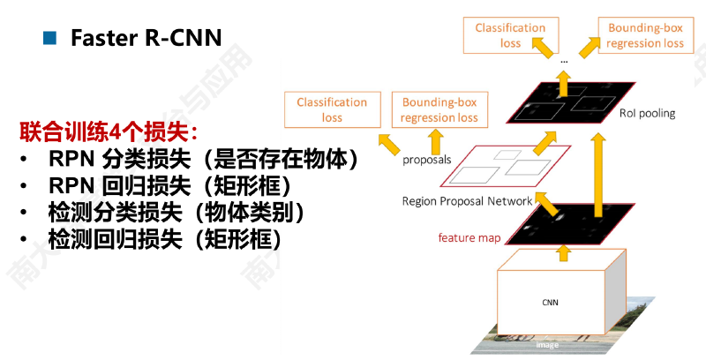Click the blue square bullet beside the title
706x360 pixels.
pyautogui.click(x=49, y=38)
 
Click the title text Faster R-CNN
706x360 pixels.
pyautogui.click(x=146, y=38)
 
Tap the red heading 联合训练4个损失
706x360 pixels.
pyautogui.click(x=108, y=131)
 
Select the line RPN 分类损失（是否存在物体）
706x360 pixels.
pyautogui.click(x=203, y=159)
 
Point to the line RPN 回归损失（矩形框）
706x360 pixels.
pyautogui.click(x=169, y=186)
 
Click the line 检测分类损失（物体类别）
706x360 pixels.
pyautogui.click(x=176, y=213)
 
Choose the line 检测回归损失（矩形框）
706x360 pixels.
pyautogui.click(x=165, y=239)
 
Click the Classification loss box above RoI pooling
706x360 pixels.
pyautogui.click(x=511, y=35)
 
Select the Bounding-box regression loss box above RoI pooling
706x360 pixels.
pyautogui.click(x=646, y=35)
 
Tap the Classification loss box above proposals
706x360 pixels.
pyautogui.click(x=333, y=109)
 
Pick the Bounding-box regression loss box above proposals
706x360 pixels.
pyautogui.click(x=439, y=109)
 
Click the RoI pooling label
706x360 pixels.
pyautogui.click(x=648, y=114)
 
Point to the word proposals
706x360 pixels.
pyautogui.click(x=427, y=160)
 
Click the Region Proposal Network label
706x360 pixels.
pyautogui.click(x=468, y=201)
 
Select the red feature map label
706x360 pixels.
pyautogui.click(x=469, y=237)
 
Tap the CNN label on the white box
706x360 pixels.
pyautogui.click(x=550, y=303)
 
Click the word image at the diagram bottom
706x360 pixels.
pyautogui.click(x=547, y=345)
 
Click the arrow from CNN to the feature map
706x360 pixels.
pyautogui.click(x=562, y=252)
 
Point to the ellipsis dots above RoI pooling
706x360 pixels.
pyautogui.click(x=564, y=62)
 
